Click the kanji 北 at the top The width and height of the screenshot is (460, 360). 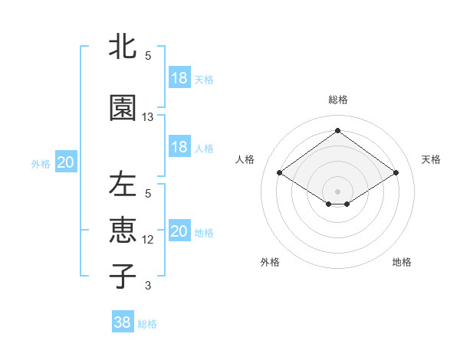(123, 47)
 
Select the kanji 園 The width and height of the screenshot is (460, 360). (123, 108)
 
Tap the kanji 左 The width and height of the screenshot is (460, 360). (123, 185)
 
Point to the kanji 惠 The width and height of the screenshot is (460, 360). (123, 231)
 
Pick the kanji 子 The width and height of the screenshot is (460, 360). (123, 276)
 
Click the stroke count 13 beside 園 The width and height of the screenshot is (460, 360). (148, 117)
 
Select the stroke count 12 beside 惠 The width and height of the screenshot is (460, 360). (148, 240)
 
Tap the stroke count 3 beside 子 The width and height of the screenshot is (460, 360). (148, 286)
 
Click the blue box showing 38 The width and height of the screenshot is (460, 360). (123, 322)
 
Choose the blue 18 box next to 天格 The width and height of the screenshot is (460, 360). (179, 77)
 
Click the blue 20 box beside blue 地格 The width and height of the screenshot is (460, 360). (179, 231)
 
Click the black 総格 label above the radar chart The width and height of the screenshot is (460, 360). (337, 100)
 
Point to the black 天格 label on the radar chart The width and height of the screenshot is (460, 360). (431, 159)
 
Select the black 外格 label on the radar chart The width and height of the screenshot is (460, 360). (270, 262)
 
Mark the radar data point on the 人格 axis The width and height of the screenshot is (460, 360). (280, 173)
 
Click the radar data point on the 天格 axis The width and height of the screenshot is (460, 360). (396, 173)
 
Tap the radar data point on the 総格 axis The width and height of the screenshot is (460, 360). (337, 131)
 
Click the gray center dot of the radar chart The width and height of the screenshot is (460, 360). (337, 190)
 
